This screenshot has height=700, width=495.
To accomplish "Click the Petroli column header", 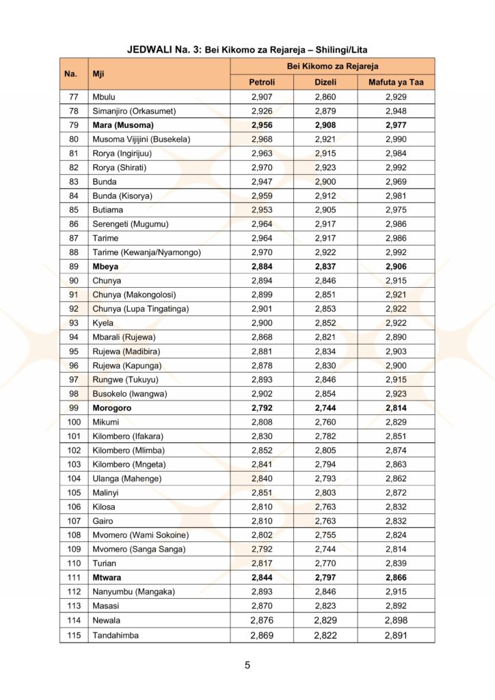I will click(x=262, y=83).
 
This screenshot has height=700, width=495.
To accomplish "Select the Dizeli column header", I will click(x=325, y=83).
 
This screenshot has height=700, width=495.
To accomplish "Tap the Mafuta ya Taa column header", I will click(x=396, y=83).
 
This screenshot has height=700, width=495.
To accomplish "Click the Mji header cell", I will click(x=99, y=74).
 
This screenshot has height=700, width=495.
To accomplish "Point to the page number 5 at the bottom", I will click(x=247, y=665).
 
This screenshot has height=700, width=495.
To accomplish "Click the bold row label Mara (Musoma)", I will click(x=123, y=125).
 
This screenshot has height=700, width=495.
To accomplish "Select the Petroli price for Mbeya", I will click(x=262, y=267).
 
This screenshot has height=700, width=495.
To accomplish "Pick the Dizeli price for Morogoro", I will click(x=325, y=408).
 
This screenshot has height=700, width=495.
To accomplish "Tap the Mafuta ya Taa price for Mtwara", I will click(x=396, y=578).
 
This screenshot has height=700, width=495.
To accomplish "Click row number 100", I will click(x=74, y=422).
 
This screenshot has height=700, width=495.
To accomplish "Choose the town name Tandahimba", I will click(x=116, y=635).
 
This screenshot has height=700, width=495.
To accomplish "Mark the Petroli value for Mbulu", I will click(x=262, y=97).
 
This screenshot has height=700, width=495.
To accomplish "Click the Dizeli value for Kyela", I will click(x=325, y=323).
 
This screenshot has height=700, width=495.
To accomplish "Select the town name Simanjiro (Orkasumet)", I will click(x=134, y=111).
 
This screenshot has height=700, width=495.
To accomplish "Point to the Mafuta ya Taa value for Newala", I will click(x=396, y=620).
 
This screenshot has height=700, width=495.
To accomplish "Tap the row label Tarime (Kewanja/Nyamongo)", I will click(x=146, y=252).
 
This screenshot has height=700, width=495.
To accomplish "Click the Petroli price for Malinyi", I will click(x=262, y=493).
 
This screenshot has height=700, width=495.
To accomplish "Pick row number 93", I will click(x=74, y=323).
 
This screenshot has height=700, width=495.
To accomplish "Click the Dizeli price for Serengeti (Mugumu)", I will click(x=325, y=224).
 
